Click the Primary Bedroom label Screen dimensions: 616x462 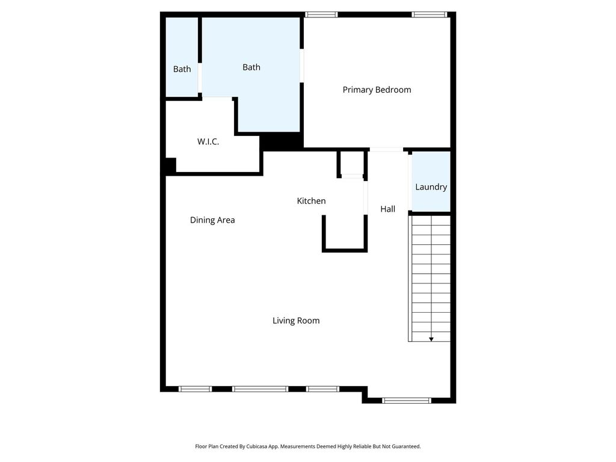[377, 90]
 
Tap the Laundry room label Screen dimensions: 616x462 [431, 187]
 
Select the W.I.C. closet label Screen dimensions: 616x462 [208, 141]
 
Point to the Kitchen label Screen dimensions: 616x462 [311, 201]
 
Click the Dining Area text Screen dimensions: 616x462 [212, 220]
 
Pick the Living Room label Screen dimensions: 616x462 [296, 321]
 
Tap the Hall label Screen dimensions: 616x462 [387, 209]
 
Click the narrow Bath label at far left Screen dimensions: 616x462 [182, 69]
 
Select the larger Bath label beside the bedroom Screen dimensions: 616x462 [251, 67]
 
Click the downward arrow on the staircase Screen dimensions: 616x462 [431, 339]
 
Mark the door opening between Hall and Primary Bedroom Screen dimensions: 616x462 [386, 149]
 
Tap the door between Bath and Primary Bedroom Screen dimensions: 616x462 [302, 66]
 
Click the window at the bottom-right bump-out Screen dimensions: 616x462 [407, 400]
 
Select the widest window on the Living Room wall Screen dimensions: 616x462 [260, 389]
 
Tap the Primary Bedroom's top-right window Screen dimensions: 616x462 [430, 14]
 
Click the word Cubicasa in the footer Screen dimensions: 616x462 [257, 446]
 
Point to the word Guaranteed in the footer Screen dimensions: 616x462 [405, 446]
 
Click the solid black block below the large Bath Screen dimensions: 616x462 [282, 141]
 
